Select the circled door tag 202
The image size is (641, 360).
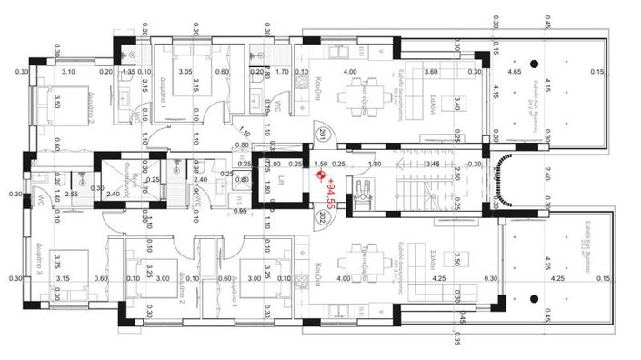click(322, 218)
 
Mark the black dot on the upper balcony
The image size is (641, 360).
click(536, 62)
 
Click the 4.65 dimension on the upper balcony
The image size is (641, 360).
click(515, 71)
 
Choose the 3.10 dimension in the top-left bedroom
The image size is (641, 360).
click(68, 71)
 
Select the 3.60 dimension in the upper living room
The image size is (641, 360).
click(432, 71)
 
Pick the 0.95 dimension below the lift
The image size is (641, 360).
click(240, 211)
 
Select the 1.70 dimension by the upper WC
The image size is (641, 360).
click(283, 71)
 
